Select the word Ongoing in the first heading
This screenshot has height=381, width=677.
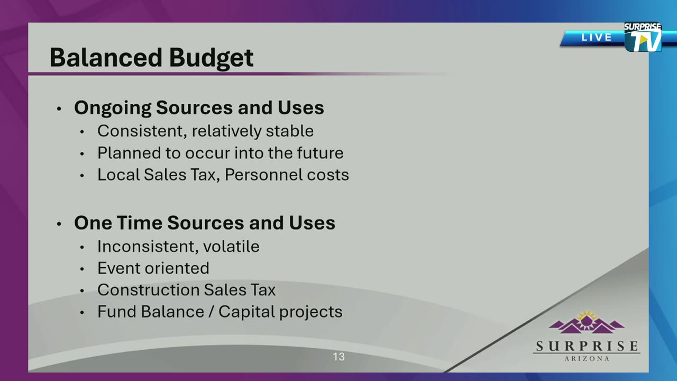click(x=113, y=108)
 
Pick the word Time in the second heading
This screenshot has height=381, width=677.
click(x=140, y=223)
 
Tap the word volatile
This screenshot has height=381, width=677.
click(x=231, y=246)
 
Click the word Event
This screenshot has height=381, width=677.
click(x=118, y=268)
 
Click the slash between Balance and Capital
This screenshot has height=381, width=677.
click(x=212, y=312)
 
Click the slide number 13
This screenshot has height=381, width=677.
click(x=339, y=357)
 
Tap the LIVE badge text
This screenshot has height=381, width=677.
click(x=597, y=38)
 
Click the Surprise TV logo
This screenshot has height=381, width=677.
click(x=643, y=37)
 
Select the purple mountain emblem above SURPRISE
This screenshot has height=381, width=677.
click(x=587, y=323)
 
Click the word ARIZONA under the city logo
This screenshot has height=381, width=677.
click(x=587, y=359)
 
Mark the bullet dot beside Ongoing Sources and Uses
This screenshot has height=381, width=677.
click(x=59, y=108)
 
